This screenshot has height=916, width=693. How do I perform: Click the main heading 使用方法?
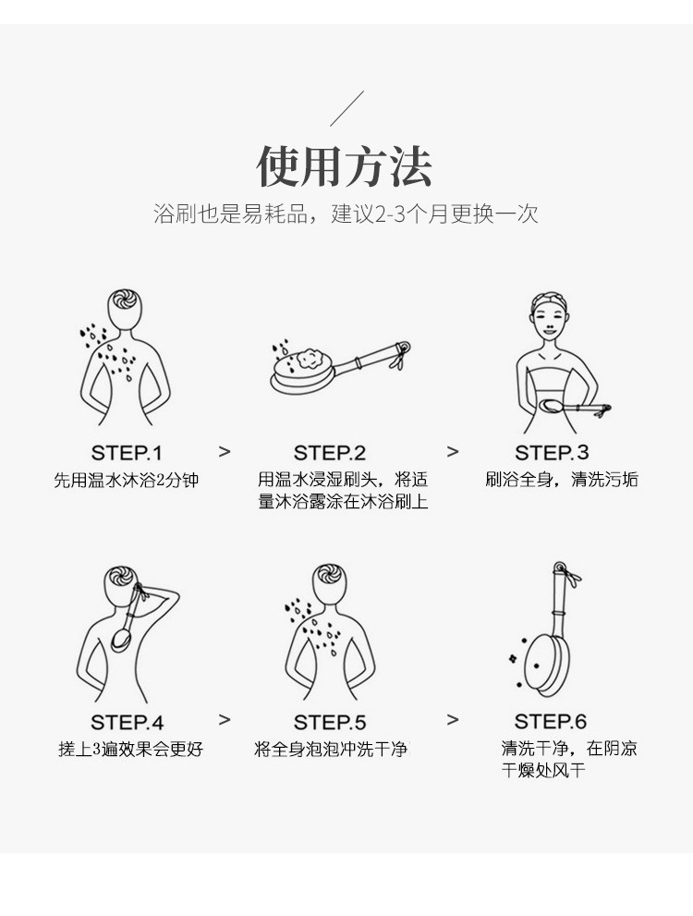tap(345, 166)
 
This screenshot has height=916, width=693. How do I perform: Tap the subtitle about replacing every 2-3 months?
tap(345, 214)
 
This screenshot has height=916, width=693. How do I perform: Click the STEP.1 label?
tap(127, 453)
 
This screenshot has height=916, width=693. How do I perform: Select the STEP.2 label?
tap(330, 453)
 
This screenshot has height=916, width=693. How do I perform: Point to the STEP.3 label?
tap(552, 453)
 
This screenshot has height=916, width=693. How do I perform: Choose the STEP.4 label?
tap(127, 722)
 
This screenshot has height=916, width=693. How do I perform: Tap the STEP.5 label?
tap(330, 722)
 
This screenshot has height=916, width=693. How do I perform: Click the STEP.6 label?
tap(551, 722)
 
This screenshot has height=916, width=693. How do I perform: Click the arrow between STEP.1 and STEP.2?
tap(225, 451)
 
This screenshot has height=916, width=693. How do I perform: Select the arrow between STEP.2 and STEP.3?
tap(452, 451)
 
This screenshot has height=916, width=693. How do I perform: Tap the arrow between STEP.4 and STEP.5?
tap(225, 720)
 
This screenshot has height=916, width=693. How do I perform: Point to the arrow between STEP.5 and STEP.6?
tap(452, 720)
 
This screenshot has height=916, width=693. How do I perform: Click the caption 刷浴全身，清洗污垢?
tap(561, 480)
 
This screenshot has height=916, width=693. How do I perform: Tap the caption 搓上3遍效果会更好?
tap(130, 749)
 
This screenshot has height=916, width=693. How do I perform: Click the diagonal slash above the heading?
tap(346, 109)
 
